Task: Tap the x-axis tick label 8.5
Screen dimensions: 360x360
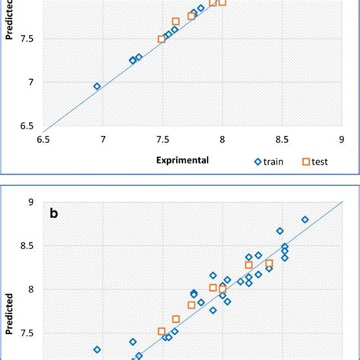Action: coord(281,139)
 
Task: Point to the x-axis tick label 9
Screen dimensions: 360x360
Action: coord(340,139)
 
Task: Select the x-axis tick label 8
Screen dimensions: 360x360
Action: coord(222,139)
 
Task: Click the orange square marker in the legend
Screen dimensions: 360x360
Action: coord(308,161)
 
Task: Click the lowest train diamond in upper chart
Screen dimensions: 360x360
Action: coord(96,87)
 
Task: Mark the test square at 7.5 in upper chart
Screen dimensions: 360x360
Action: coord(162,39)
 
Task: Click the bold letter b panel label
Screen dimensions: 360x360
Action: coord(54,213)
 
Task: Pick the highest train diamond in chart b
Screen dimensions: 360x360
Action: coord(305,219)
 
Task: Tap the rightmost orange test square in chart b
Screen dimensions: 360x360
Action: coord(270,263)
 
